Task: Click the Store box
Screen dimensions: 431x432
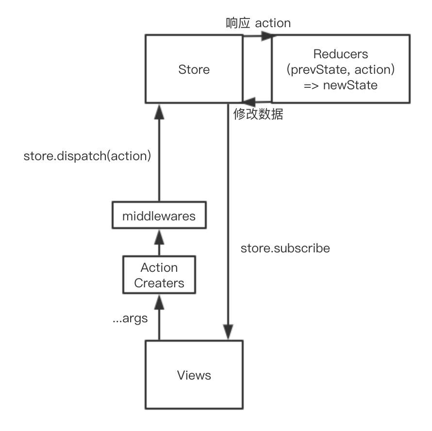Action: point(194,69)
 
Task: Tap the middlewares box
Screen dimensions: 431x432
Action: point(159,216)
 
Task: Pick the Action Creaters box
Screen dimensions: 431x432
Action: point(159,275)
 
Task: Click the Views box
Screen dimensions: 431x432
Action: point(194,375)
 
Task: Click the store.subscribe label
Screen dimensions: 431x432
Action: point(285,249)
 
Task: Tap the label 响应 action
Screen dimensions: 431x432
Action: point(258,23)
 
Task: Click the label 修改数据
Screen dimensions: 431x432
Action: point(258,115)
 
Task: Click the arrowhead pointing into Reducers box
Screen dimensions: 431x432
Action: point(266,35)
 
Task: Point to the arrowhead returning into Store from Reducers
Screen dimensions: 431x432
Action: point(249,102)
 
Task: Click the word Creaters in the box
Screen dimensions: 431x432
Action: point(159,282)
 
